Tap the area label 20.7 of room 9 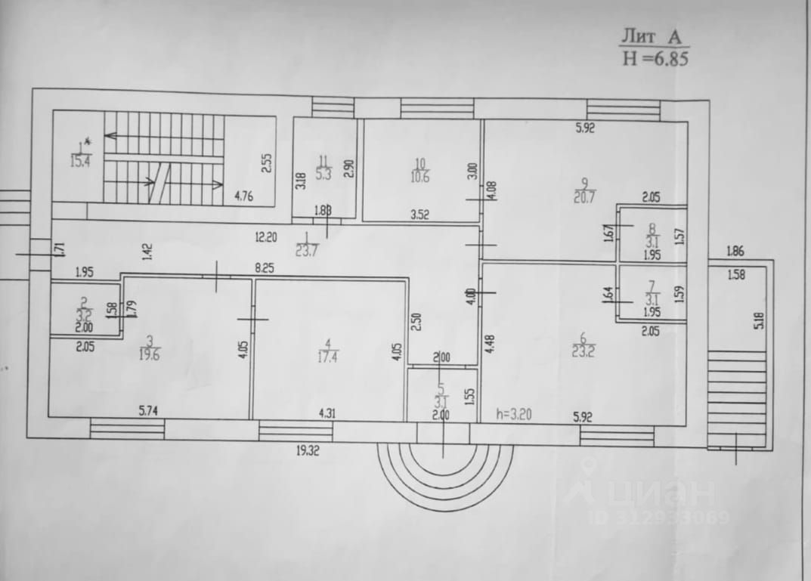click(x=585, y=199)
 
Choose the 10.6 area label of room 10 click(x=421, y=178)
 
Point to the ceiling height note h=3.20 click(x=518, y=413)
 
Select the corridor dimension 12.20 click(x=267, y=236)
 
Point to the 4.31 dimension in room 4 click(x=327, y=413)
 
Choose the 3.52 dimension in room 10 click(x=420, y=215)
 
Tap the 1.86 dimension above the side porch click(x=735, y=251)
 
